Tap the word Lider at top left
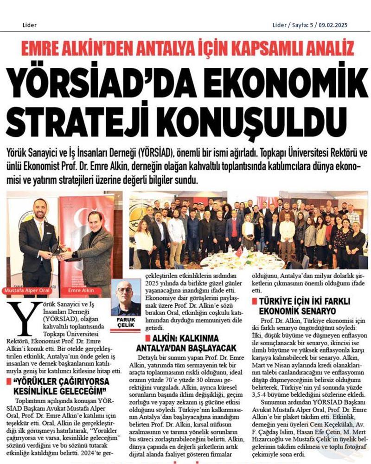[x=29, y=25]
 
